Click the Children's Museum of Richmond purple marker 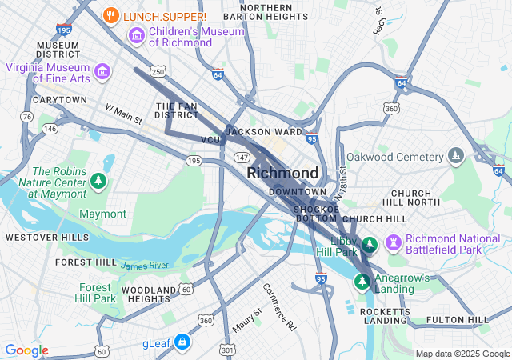136,36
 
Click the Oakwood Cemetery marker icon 456,155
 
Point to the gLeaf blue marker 182,342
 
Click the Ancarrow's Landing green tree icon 362,281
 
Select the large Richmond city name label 282,173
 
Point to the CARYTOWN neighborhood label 60,100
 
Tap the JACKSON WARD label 263,131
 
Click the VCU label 210,140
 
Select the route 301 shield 228,350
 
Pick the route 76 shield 28,117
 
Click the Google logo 26,350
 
